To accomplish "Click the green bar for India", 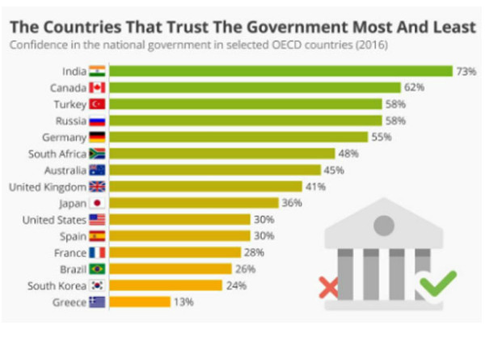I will [x=280, y=71].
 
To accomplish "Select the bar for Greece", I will [x=140, y=302].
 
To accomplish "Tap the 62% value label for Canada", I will [x=415, y=87].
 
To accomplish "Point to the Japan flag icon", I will [x=97, y=203].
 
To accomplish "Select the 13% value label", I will [x=183, y=302].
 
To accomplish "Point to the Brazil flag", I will [x=97, y=269].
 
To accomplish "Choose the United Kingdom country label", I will [x=47, y=187].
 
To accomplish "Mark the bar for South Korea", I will [x=165, y=285].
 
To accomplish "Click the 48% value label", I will [x=348, y=154].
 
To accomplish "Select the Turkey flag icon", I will [x=97, y=104].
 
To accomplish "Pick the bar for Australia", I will [x=214, y=170].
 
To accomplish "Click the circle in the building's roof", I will [x=383, y=224].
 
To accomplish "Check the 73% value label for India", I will [x=466, y=71].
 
